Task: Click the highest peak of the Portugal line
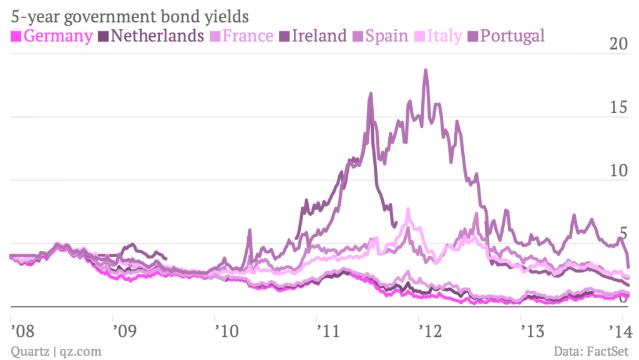tap(426, 70)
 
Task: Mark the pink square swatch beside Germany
tap(17, 36)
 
